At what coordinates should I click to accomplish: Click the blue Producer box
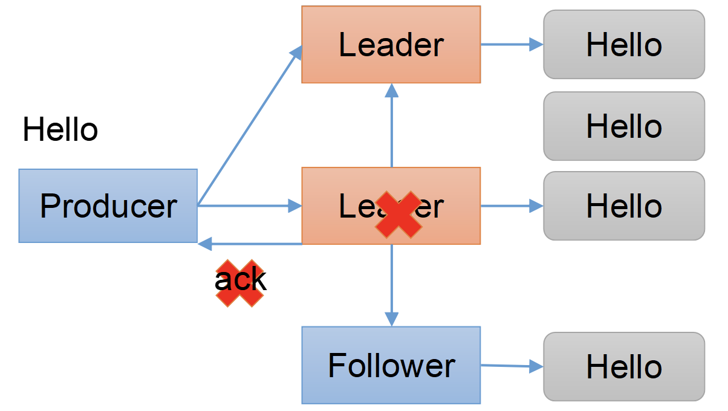pyautogui.click(x=108, y=205)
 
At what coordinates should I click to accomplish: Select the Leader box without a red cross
pyautogui.click(x=391, y=44)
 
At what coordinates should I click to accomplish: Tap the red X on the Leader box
pyautogui.click(x=398, y=214)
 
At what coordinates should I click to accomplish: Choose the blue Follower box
pyautogui.click(x=391, y=365)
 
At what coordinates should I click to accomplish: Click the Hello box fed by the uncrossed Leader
pyautogui.click(x=624, y=45)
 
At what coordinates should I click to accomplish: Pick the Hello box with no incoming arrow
pyautogui.click(x=624, y=126)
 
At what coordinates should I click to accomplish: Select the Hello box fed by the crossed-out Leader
pyautogui.click(x=624, y=205)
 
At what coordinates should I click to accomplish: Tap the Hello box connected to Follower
pyautogui.click(x=624, y=366)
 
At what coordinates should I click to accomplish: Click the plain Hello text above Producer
pyautogui.click(x=60, y=130)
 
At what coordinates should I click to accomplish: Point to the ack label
pyautogui.click(x=240, y=280)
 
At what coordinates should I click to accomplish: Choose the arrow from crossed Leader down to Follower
pyautogui.click(x=392, y=284)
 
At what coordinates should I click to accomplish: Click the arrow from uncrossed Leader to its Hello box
pyautogui.click(x=512, y=44)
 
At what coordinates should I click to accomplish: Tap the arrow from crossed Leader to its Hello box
pyautogui.click(x=512, y=205)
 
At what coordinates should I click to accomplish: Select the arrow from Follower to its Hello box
pyautogui.click(x=512, y=365)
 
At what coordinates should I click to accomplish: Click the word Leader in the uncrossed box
pyautogui.click(x=391, y=45)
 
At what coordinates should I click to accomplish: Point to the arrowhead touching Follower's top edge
pyautogui.click(x=392, y=320)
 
